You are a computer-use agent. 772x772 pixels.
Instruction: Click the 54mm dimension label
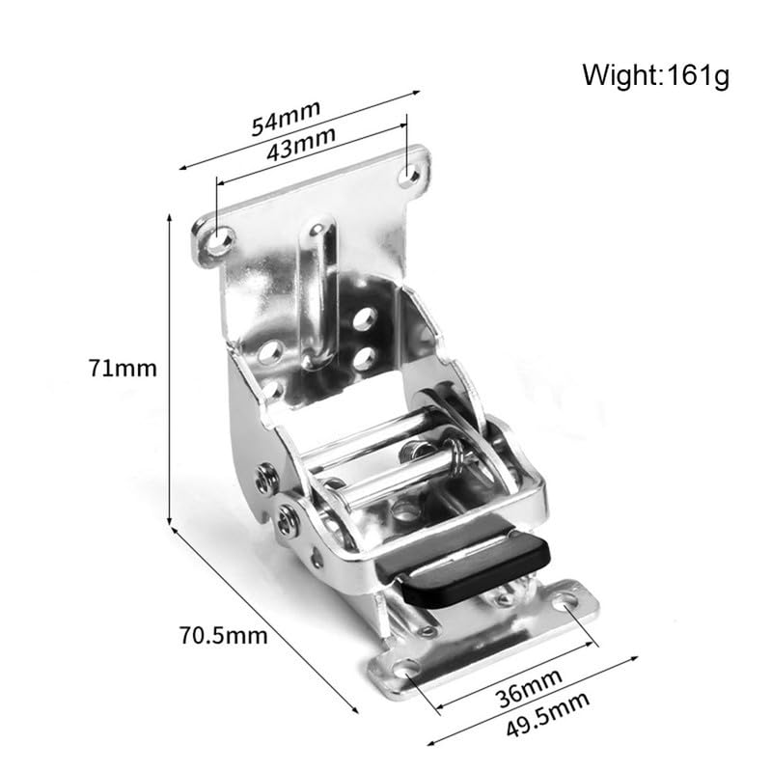tap(286, 117)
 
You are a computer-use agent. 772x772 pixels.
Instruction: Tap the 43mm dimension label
tap(301, 143)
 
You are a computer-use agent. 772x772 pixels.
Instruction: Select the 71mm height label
tap(123, 369)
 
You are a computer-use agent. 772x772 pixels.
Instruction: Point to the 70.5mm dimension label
tap(223, 635)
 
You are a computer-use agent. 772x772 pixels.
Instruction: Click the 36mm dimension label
tap(528, 687)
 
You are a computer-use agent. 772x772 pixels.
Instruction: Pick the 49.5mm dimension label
tap(547, 714)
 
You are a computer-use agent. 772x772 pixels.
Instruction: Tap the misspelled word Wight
tap(620, 75)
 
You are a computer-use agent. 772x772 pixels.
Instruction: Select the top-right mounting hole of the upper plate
tap(408, 175)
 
